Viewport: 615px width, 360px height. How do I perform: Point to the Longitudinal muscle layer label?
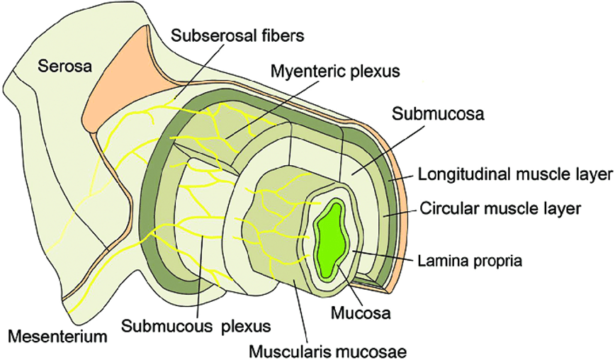coord(514,174)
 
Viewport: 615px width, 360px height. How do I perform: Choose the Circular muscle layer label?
coord(500,208)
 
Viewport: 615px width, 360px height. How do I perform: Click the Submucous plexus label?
coord(196,326)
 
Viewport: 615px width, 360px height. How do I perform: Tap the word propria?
coord(500,261)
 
